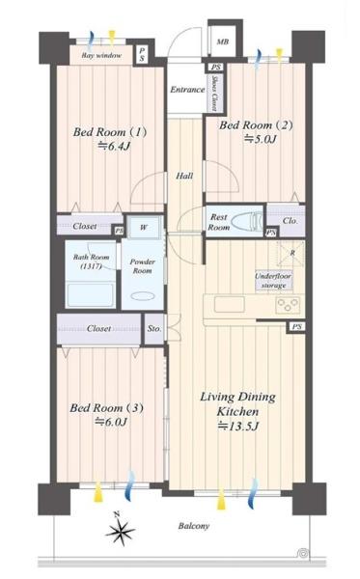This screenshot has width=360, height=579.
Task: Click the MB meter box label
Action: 223,41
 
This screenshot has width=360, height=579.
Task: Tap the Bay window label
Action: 101,56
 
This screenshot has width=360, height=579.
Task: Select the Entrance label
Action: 187,90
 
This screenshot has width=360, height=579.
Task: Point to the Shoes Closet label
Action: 214,93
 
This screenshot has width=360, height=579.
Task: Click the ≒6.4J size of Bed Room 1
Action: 114,147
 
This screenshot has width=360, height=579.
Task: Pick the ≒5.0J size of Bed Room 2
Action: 260,139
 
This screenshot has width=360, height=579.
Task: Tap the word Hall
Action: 184,176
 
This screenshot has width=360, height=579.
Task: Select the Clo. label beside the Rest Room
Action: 291,221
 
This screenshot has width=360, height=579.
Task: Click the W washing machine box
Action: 144,227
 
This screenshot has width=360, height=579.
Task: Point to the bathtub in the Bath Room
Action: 91,294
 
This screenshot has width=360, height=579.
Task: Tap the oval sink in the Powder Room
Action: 142,296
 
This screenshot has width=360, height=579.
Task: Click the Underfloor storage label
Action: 273,281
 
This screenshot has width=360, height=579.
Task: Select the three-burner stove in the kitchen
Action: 288,305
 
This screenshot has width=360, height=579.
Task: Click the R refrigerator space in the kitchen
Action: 291,253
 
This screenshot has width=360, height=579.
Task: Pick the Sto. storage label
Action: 154,328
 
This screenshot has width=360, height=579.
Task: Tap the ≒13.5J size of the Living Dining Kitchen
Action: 238,427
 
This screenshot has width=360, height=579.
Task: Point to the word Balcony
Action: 194,526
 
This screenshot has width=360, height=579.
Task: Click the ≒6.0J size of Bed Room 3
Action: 111,422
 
